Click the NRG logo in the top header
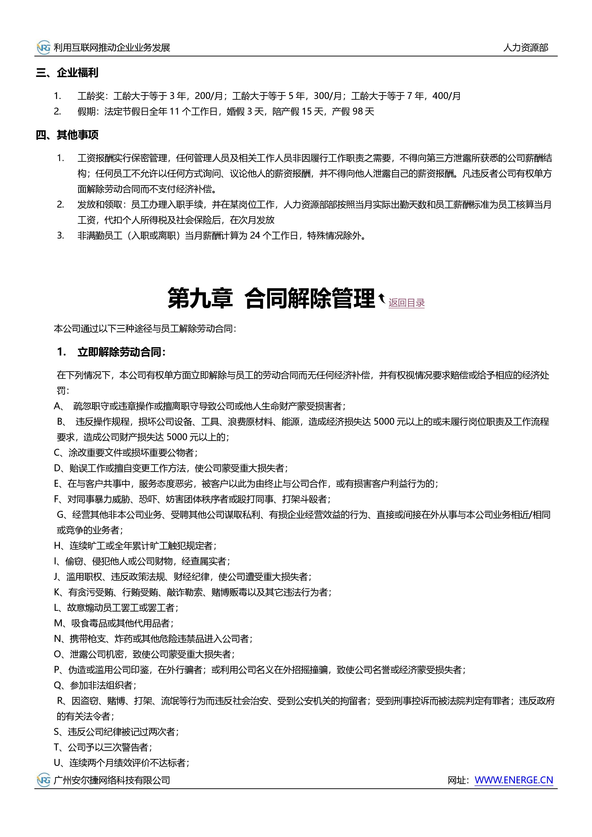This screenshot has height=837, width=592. (x=44, y=48)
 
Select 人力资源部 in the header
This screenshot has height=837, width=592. (x=526, y=48)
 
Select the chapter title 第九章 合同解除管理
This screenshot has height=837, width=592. (x=271, y=298)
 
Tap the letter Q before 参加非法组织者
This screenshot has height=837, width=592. (x=58, y=685)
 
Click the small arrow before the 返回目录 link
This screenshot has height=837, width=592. (x=382, y=299)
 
